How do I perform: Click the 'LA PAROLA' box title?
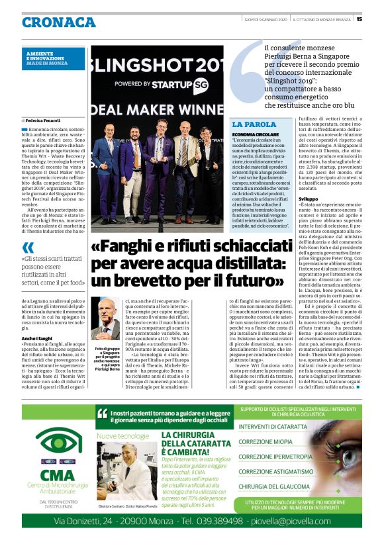point(254,124)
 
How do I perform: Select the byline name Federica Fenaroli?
point(45,120)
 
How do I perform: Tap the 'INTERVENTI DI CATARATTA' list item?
point(273,428)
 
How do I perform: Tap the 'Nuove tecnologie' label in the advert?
point(123,436)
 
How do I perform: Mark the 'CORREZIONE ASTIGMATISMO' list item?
point(275,472)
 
